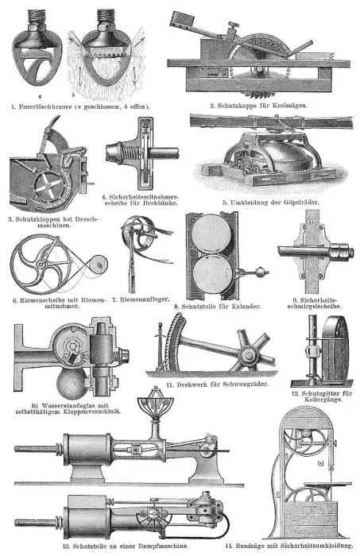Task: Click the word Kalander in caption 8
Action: point(247,307)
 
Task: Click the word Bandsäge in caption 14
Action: point(249,546)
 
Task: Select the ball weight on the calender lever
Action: point(260,272)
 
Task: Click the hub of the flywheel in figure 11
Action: point(248,355)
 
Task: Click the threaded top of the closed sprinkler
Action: point(37,16)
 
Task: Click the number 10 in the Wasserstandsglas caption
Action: point(35,406)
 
